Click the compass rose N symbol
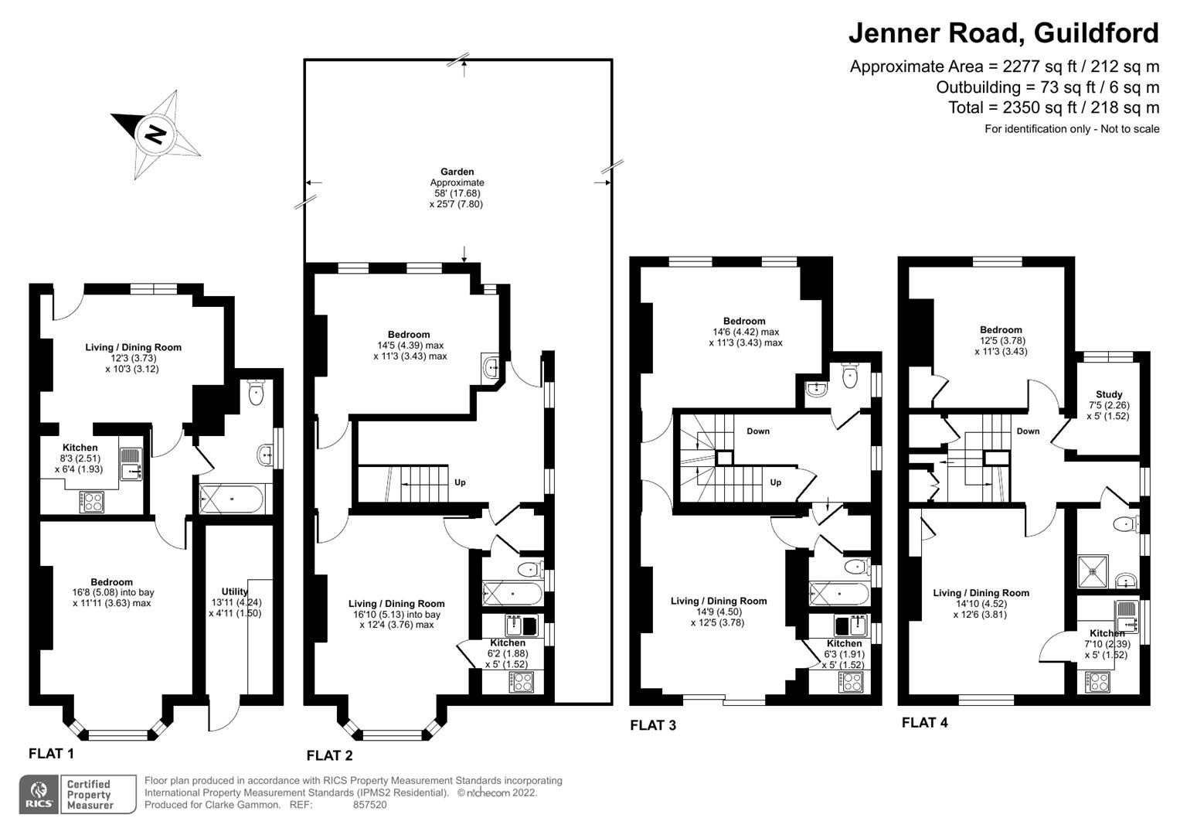(x=156, y=135)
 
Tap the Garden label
(x=457, y=172)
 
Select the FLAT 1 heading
(x=52, y=753)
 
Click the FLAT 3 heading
(x=653, y=725)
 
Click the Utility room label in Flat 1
(x=234, y=591)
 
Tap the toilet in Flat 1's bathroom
(x=256, y=394)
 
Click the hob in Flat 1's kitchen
(x=92, y=502)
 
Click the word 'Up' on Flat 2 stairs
(x=460, y=482)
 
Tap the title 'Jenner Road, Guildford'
(x=1003, y=33)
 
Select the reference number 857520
(x=369, y=805)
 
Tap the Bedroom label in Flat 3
(x=744, y=321)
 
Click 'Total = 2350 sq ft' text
(x=1053, y=107)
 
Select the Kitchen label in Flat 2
(x=508, y=642)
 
